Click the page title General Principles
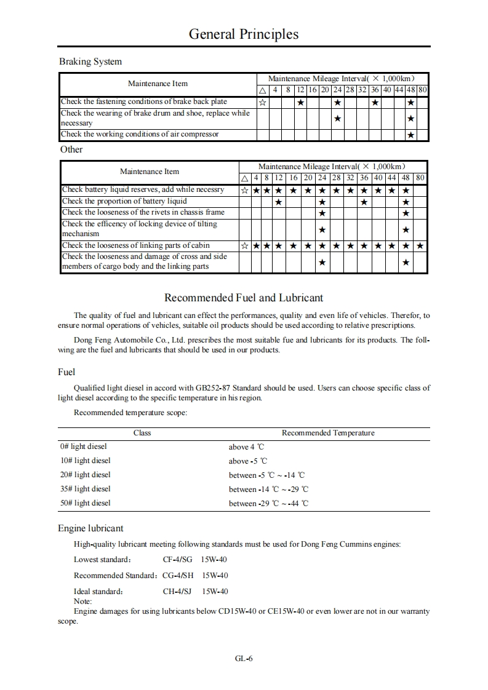244,34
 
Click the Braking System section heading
90,61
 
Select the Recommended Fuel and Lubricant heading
244,298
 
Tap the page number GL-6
244,658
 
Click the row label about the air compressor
140,134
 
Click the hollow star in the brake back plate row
263,102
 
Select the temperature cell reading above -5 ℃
248,461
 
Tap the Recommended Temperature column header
328,433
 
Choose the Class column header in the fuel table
142,433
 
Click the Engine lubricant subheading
90,528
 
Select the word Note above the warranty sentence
82,601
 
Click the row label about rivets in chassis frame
143,212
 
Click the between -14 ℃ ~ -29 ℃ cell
268,489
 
